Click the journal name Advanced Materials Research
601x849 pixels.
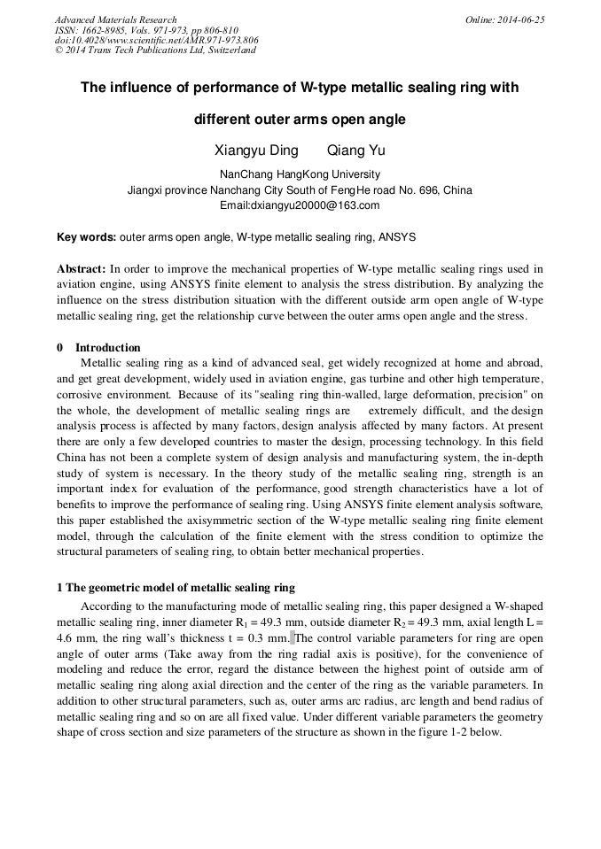point(115,19)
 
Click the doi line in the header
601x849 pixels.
point(157,40)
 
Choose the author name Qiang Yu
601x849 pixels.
point(356,151)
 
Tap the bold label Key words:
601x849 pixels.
point(86,237)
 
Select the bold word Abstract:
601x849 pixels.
point(82,268)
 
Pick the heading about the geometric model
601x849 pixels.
point(176,588)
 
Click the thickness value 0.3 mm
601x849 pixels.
point(266,637)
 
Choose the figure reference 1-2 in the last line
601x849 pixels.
point(465,732)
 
